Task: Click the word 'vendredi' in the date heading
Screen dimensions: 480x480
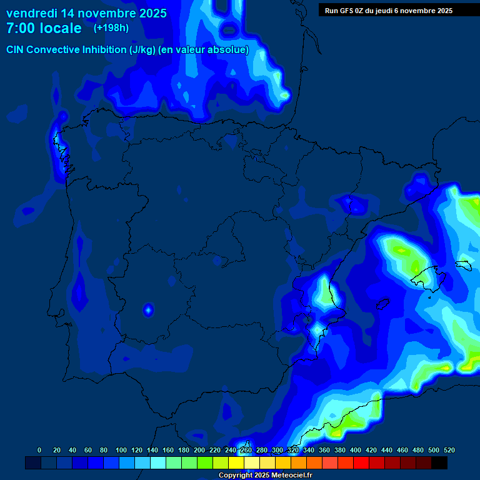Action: tap(32, 13)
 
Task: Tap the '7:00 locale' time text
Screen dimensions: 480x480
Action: tap(44, 28)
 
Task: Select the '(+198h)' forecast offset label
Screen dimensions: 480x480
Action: tap(111, 28)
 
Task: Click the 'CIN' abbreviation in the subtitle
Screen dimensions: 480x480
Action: tap(16, 50)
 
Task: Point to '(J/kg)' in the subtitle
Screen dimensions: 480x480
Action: tap(143, 50)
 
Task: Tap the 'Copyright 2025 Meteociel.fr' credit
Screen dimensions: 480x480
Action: tap(265, 475)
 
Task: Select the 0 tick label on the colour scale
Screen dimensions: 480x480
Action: tap(39, 450)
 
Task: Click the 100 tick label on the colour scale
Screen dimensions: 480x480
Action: tap(121, 450)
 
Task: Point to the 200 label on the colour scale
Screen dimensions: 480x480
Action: tap(199, 450)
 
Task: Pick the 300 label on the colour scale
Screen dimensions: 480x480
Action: tap(277, 450)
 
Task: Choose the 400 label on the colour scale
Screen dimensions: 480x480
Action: tap(356, 450)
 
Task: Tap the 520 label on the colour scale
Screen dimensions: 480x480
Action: tap(449, 450)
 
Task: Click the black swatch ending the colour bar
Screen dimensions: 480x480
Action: tap(439, 462)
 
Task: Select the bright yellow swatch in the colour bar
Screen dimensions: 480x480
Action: tap(236, 462)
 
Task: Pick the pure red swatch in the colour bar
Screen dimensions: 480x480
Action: tap(361, 462)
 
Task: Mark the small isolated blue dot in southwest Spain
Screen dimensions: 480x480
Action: tap(149, 309)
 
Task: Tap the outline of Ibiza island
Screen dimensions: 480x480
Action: tap(381, 304)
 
